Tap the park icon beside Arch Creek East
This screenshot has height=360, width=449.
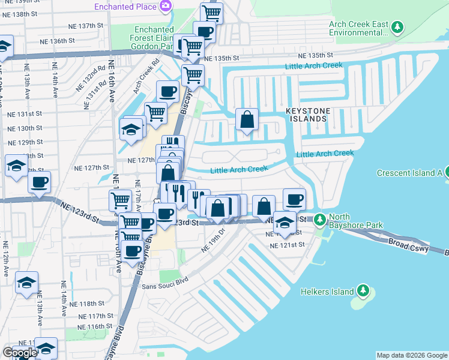click(x=397, y=28)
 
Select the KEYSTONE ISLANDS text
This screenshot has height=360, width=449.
click(x=306, y=115)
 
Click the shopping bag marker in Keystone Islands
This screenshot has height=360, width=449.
click(x=247, y=119)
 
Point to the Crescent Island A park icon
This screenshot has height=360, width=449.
click(x=447, y=173)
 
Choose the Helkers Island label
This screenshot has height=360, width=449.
click(x=327, y=292)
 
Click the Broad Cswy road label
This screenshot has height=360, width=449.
click(x=408, y=244)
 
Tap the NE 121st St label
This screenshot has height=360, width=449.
click(x=287, y=245)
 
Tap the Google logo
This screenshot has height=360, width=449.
click(x=19, y=353)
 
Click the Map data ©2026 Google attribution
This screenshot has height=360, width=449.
click(x=412, y=355)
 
